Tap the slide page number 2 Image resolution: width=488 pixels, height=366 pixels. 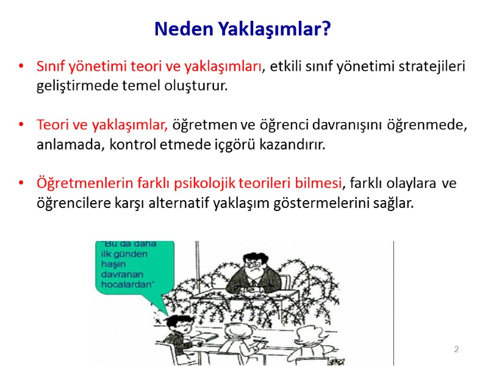tap(456, 349)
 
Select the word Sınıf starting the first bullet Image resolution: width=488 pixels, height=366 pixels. tap(51, 66)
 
